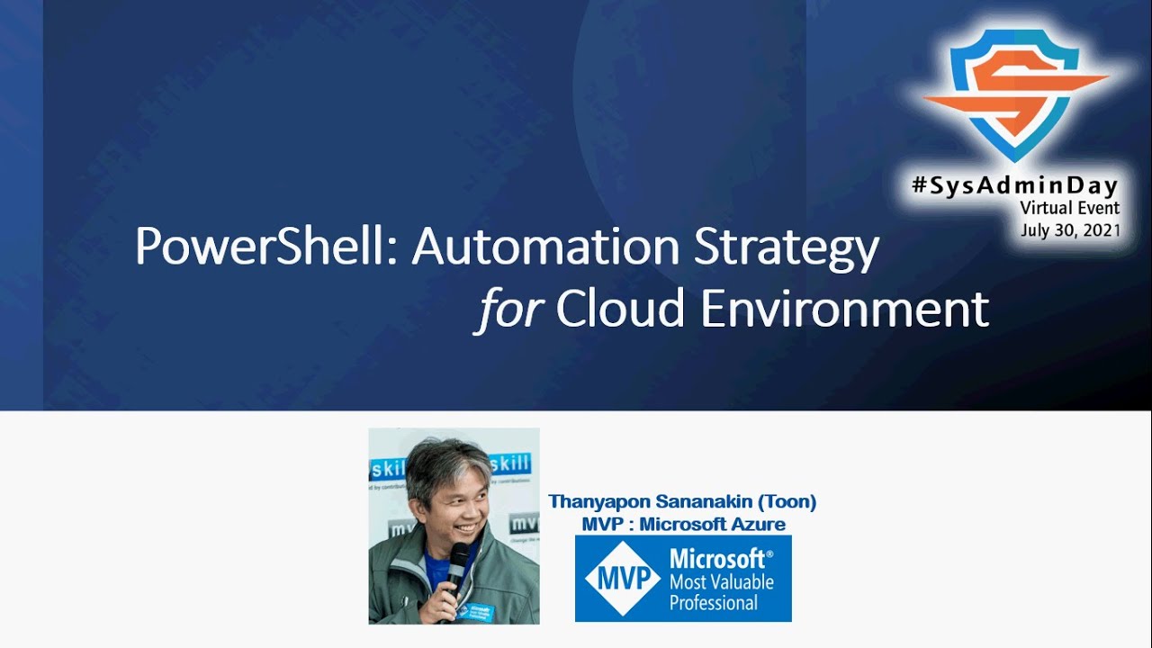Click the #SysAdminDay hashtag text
[1013, 186]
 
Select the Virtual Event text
[1069, 208]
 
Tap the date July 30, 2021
[1070, 230]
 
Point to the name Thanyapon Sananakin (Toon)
[682, 502]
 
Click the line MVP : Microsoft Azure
[683, 524]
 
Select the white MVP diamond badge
[623, 579]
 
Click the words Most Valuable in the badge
[720, 581]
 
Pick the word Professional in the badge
[714, 603]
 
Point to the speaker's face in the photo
[446, 504]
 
